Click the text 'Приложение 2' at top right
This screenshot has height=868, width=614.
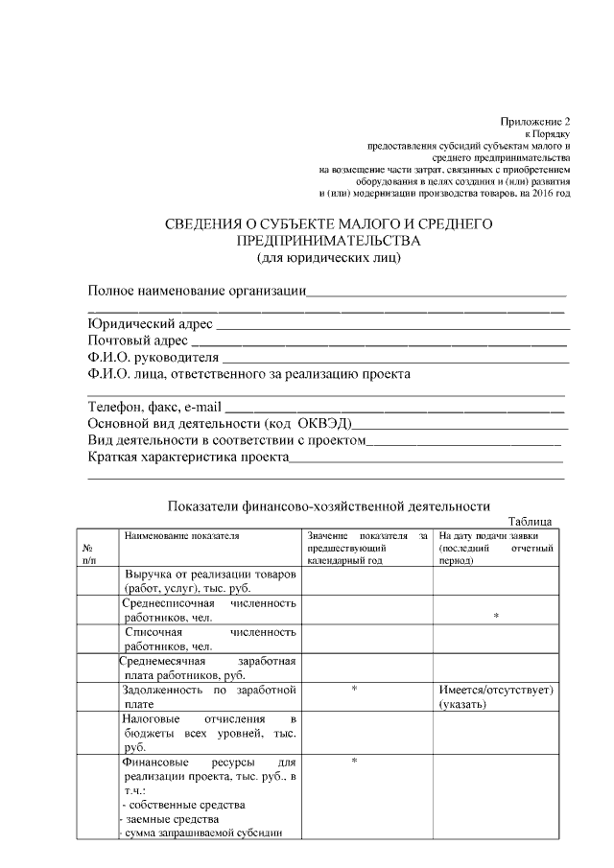pos(535,122)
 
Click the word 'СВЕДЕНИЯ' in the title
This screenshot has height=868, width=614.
pos(208,224)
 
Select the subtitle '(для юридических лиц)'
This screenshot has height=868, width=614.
pos(328,257)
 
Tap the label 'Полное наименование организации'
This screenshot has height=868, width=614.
pos(196,291)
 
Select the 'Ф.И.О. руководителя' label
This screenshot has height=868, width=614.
pos(153,358)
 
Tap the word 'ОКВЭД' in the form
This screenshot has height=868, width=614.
pos(323,423)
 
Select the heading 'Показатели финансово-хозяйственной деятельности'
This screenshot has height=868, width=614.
pos(328,506)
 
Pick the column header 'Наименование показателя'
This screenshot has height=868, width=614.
pos(180,535)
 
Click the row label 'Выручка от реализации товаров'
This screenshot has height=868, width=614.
pos(209,574)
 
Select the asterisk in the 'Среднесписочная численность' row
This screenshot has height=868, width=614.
pos(495,618)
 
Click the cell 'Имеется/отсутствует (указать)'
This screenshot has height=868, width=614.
pos(496,696)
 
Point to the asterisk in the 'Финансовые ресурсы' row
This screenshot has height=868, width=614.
pos(354,761)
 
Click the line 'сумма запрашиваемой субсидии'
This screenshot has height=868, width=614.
pos(201,833)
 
